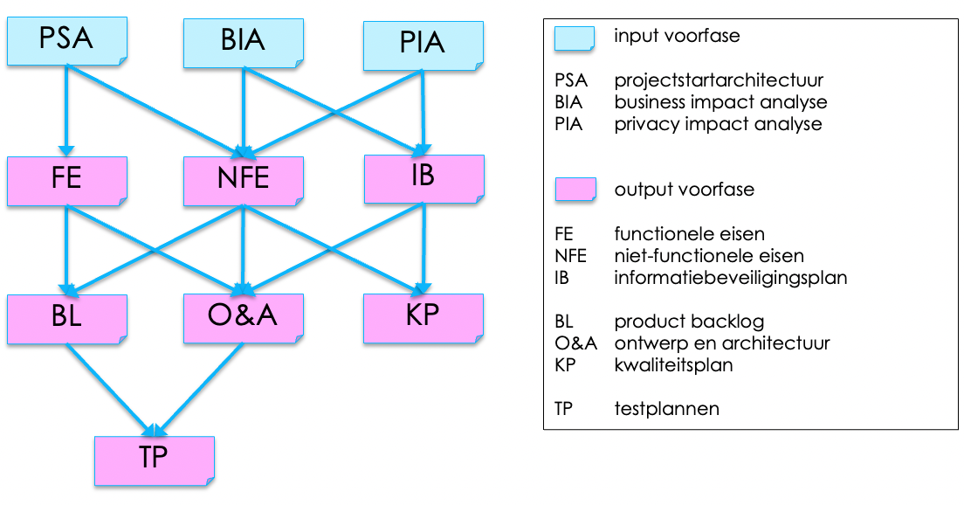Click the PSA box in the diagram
[x=66, y=40]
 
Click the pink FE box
[x=66, y=179]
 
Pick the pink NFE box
[x=243, y=180]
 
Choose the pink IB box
[x=423, y=178]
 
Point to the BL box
[x=66, y=317]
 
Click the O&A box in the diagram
[x=243, y=316]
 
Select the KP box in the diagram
[x=423, y=316]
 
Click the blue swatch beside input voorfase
[x=575, y=38]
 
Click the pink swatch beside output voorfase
[x=575, y=190]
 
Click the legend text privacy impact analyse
[x=718, y=124]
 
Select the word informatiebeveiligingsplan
[x=730, y=278]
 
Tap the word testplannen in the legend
[x=666, y=408]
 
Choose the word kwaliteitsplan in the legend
[x=673, y=365]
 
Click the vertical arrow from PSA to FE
[x=66, y=109]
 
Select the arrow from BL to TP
[x=108, y=386]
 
